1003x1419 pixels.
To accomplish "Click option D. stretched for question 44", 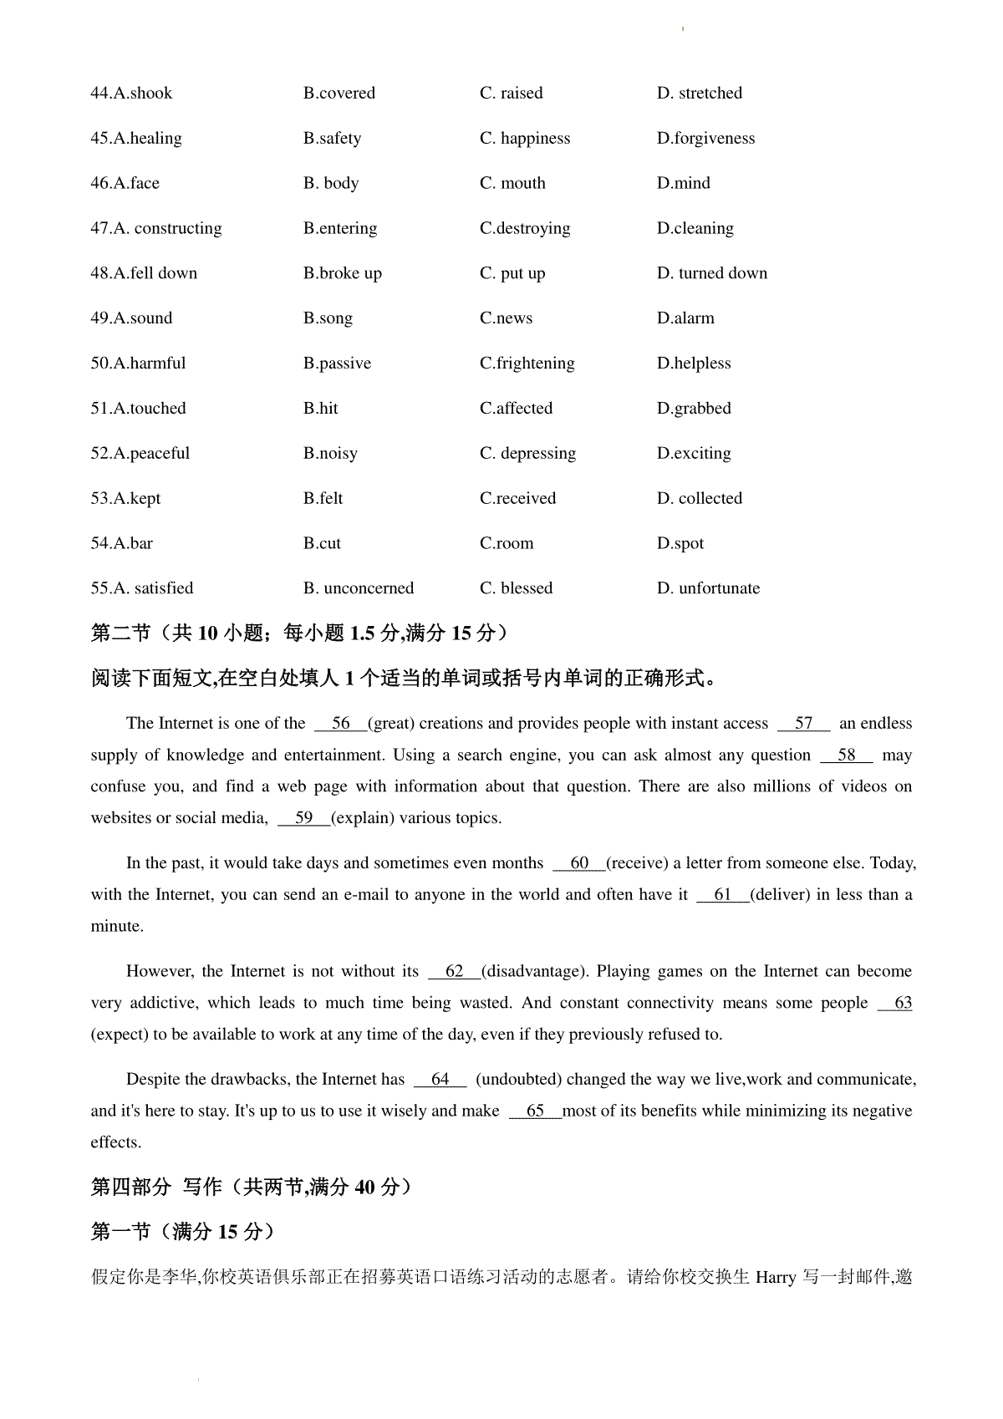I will tap(699, 93).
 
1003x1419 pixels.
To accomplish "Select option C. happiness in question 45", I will tap(524, 138).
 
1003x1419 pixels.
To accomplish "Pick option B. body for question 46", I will tap(330, 183).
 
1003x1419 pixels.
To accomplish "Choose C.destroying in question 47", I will tap(524, 228).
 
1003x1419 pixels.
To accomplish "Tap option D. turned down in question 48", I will tap(711, 273).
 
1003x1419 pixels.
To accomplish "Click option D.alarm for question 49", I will tap(685, 318).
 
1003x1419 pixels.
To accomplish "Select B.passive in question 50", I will tap(337, 364).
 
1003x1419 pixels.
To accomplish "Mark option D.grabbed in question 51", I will tap(693, 409).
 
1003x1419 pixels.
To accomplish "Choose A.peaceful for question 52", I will tap(140, 454).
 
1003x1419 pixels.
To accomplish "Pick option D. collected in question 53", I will tap(699, 499).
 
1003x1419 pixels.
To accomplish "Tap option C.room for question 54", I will tap(506, 544).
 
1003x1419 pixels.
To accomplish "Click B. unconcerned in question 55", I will tap(358, 588).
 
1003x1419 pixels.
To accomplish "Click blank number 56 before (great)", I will tap(340, 724).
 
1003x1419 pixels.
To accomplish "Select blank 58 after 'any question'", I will tap(846, 755).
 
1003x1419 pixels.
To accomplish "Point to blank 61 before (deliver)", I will tap(722, 895).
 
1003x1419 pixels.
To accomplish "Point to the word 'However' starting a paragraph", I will tap(160, 971).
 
